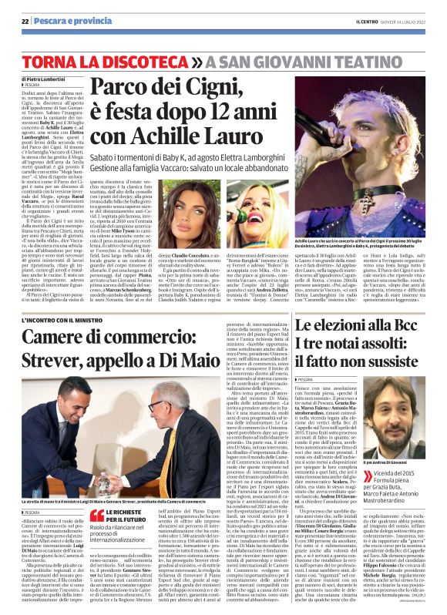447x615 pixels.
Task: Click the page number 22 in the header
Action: [x=25, y=22]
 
